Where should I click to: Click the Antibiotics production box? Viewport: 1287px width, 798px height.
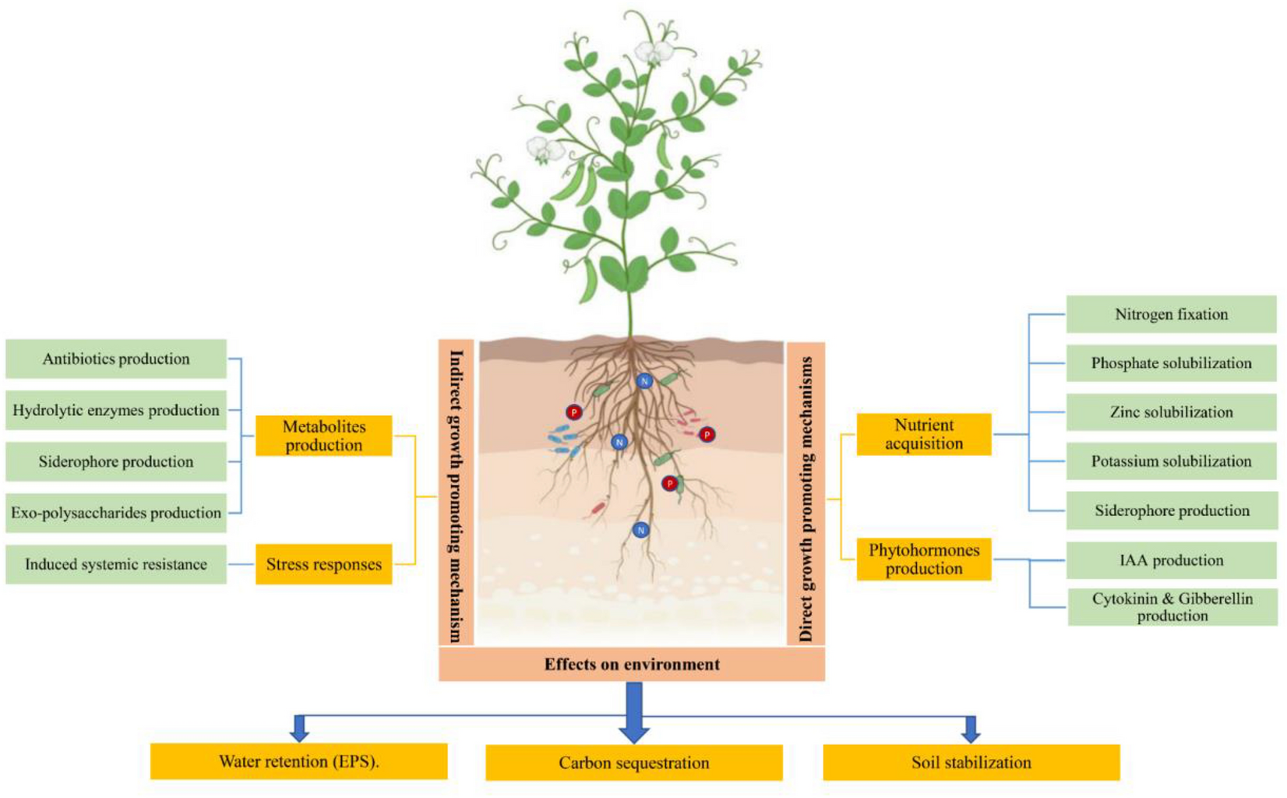click(x=116, y=358)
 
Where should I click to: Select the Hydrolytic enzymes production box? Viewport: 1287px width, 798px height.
click(x=116, y=410)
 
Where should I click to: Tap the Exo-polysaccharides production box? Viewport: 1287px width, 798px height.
click(x=116, y=513)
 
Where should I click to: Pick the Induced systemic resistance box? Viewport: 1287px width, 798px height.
click(x=116, y=564)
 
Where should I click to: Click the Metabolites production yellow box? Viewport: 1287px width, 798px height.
click(x=323, y=436)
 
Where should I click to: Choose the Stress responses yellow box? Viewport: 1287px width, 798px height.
click(x=323, y=564)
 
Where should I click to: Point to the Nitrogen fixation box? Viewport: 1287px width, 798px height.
click(x=1171, y=314)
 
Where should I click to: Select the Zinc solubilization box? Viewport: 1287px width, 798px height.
click(x=1171, y=412)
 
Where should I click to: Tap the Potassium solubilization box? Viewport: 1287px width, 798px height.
click(x=1171, y=461)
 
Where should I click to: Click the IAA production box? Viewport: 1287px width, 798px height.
click(x=1171, y=560)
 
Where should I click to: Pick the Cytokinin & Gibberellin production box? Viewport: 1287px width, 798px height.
click(x=1171, y=607)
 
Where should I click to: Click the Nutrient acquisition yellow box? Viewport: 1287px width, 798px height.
click(x=923, y=434)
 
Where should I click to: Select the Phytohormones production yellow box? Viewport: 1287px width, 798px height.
click(x=923, y=559)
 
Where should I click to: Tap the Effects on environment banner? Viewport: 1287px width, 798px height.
click(x=631, y=664)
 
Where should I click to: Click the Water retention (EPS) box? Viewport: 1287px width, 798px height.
click(x=298, y=761)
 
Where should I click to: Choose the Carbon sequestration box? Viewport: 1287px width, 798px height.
click(x=633, y=763)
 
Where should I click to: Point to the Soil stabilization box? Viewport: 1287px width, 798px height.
click(x=971, y=762)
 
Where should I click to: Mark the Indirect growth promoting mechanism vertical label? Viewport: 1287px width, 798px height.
click(x=457, y=495)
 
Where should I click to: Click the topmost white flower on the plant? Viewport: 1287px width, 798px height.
click(x=653, y=53)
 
